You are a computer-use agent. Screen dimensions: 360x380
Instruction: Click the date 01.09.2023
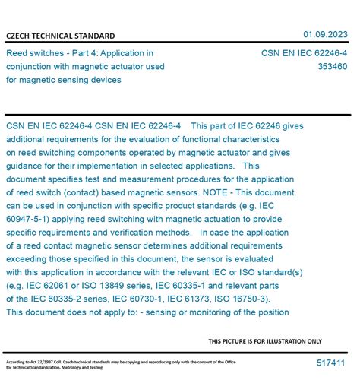pos(326,34)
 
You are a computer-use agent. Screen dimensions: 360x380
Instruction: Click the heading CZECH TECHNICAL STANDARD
pos(60,36)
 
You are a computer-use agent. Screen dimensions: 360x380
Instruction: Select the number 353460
pos(333,66)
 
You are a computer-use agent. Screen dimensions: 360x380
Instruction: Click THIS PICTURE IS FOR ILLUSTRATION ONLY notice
pos(265,341)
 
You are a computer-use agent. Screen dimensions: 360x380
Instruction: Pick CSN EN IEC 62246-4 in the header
pos(304,53)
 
